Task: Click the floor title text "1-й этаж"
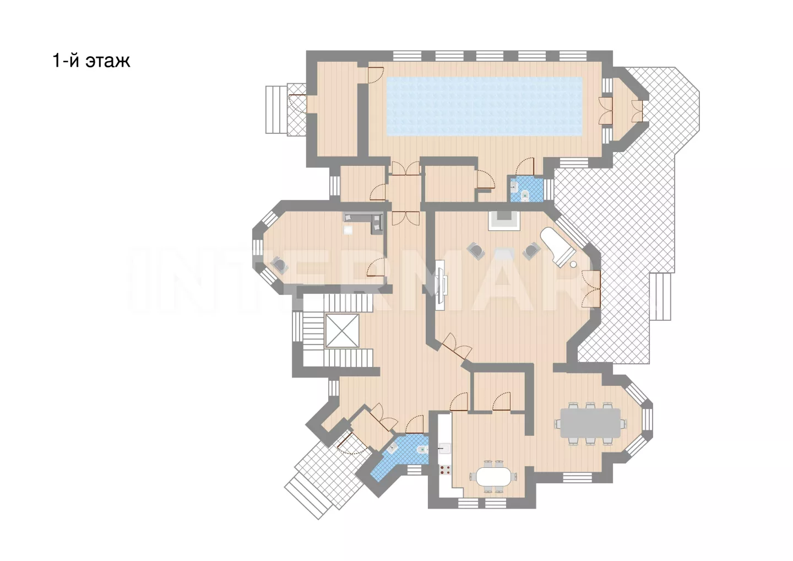pyautogui.click(x=91, y=61)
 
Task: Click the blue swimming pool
pyautogui.click(x=484, y=106)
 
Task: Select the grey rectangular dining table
pyautogui.click(x=590, y=423)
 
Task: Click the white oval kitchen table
pyautogui.click(x=494, y=477)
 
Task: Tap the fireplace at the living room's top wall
pyautogui.click(x=504, y=220)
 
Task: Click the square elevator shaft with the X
pyautogui.click(x=342, y=331)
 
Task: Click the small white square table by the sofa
pyautogui.click(x=348, y=230)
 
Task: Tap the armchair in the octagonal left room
pyautogui.click(x=280, y=265)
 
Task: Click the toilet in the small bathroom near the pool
pyautogui.click(x=525, y=195)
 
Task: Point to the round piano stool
pyautogui.click(x=573, y=264)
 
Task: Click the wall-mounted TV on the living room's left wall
pyautogui.click(x=441, y=285)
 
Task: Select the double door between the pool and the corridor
pyautogui.click(x=406, y=168)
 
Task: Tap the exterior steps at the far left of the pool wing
pyautogui.click(x=276, y=110)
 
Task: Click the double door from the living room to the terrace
pyautogui.click(x=591, y=289)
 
